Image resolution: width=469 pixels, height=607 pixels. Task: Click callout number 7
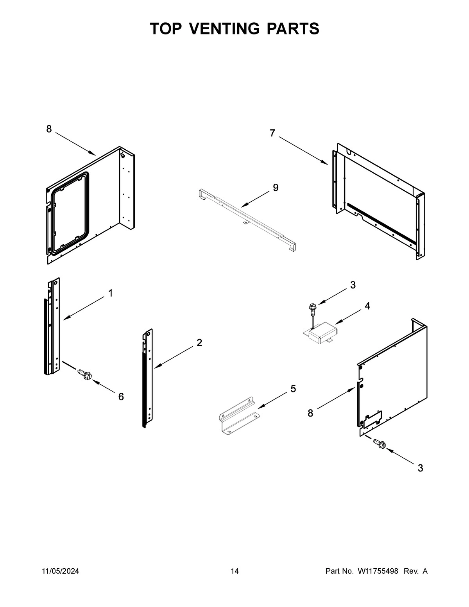pos(272,133)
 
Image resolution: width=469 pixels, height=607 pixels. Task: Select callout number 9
pos(276,188)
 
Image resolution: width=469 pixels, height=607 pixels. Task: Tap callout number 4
pos(367,306)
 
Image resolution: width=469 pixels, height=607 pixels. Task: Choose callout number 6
pos(121,397)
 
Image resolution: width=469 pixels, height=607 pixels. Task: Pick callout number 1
pos(111,293)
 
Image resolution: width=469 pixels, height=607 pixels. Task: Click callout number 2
pos(199,343)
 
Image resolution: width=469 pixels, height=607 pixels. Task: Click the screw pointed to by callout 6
pos(85,374)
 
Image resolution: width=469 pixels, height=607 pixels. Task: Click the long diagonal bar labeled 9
pos(246,221)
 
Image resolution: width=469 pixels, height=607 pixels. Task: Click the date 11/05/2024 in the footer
pos(60,571)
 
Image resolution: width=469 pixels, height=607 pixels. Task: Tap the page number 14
pos(234,571)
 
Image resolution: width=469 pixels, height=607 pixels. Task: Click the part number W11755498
pos(378,571)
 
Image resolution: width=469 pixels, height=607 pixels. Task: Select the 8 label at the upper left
pos(49,129)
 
